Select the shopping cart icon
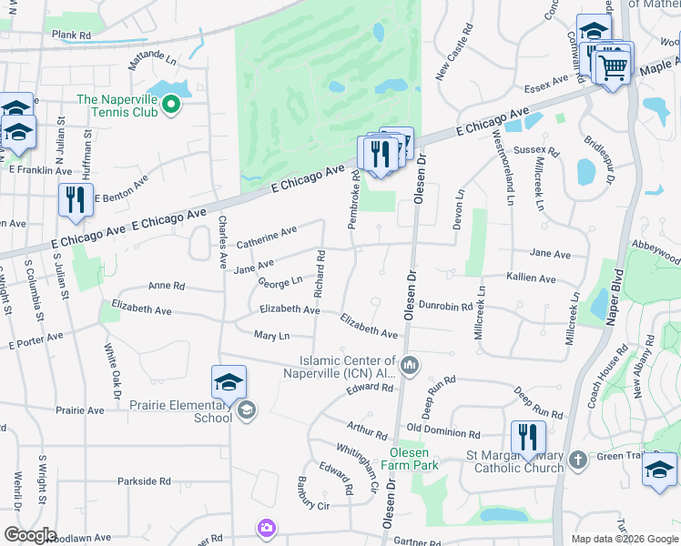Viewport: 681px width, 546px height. pyautogui.click(x=614, y=66)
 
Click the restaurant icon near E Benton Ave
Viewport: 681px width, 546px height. pyautogui.click(x=76, y=199)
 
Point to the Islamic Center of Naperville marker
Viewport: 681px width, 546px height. pyautogui.click(x=410, y=366)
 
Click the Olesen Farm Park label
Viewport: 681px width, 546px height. pyautogui.click(x=414, y=459)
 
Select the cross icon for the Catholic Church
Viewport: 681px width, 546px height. pyautogui.click(x=577, y=461)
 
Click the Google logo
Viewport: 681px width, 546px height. pyautogui.click(x=29, y=535)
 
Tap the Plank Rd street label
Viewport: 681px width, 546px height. pyautogui.click(x=71, y=35)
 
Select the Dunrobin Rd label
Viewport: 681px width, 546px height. pyautogui.click(x=445, y=308)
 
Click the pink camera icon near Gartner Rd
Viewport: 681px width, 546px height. pyautogui.click(x=266, y=528)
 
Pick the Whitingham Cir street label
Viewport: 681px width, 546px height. pyautogui.click(x=358, y=467)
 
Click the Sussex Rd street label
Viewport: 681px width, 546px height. pyautogui.click(x=536, y=149)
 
